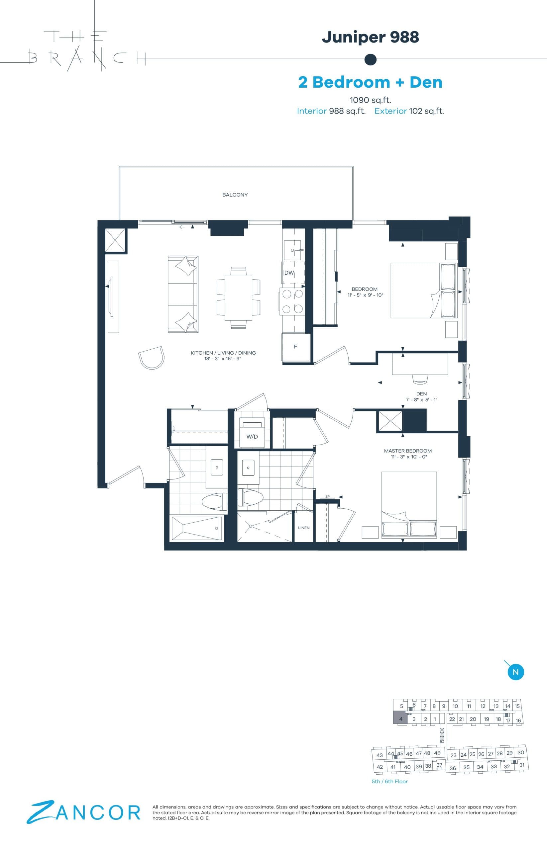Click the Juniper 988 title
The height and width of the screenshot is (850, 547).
tap(370, 37)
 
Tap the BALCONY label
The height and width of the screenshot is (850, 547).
tap(235, 195)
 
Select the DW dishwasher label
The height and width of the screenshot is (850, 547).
tap(289, 273)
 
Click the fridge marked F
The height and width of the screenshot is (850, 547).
tap(295, 347)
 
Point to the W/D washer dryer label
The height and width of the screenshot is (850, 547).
tap(252, 437)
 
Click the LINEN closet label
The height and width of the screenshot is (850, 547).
tap(304, 528)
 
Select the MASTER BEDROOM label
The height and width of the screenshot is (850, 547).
tap(408, 451)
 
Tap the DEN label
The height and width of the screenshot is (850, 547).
tap(421, 393)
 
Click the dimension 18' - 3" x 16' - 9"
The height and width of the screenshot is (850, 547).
tap(223, 359)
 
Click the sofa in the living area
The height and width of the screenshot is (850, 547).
tap(183, 294)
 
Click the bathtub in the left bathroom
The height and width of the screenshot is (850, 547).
tap(197, 529)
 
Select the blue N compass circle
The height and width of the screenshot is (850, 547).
tap(516, 672)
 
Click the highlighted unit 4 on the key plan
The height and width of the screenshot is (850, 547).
tap(400, 719)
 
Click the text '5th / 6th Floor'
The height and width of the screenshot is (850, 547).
tap(390, 781)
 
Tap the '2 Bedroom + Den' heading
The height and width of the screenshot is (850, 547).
tap(370, 82)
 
